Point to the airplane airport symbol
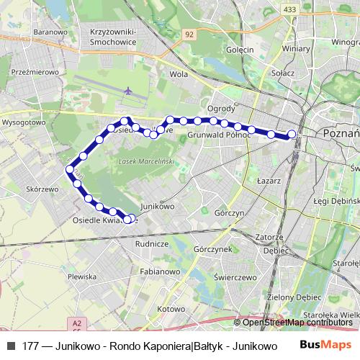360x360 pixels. point(128,91)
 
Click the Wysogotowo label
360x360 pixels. point(24,122)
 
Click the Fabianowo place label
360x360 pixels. point(161,272)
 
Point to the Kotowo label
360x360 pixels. point(171,308)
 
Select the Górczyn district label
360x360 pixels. point(230,213)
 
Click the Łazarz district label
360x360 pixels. point(268,181)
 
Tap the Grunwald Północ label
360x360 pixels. point(218,135)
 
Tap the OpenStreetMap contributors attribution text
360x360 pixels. point(297,323)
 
